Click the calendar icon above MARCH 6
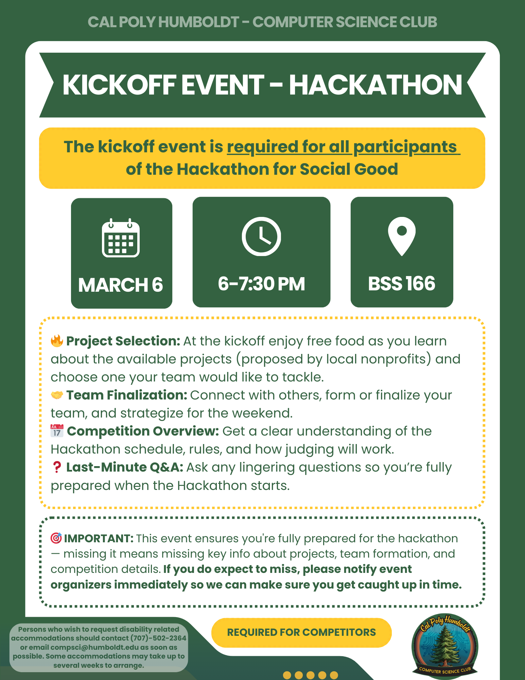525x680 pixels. (x=121, y=238)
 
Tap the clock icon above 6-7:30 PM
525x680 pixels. (x=261, y=236)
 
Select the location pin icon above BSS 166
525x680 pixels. (x=402, y=236)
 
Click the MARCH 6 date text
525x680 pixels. (x=121, y=285)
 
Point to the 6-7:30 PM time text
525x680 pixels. (x=261, y=284)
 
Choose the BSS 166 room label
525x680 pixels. (x=402, y=283)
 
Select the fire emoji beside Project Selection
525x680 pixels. (x=57, y=341)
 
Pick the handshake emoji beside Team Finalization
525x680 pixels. (x=57, y=395)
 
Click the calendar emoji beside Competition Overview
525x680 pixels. (x=57, y=431)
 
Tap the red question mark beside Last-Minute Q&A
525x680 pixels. (x=57, y=467)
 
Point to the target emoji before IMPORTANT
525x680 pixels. (x=56, y=538)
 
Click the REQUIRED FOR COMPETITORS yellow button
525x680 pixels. (x=301, y=632)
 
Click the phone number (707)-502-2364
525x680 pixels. (x=159, y=638)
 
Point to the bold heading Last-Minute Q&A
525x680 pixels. (x=125, y=467)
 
